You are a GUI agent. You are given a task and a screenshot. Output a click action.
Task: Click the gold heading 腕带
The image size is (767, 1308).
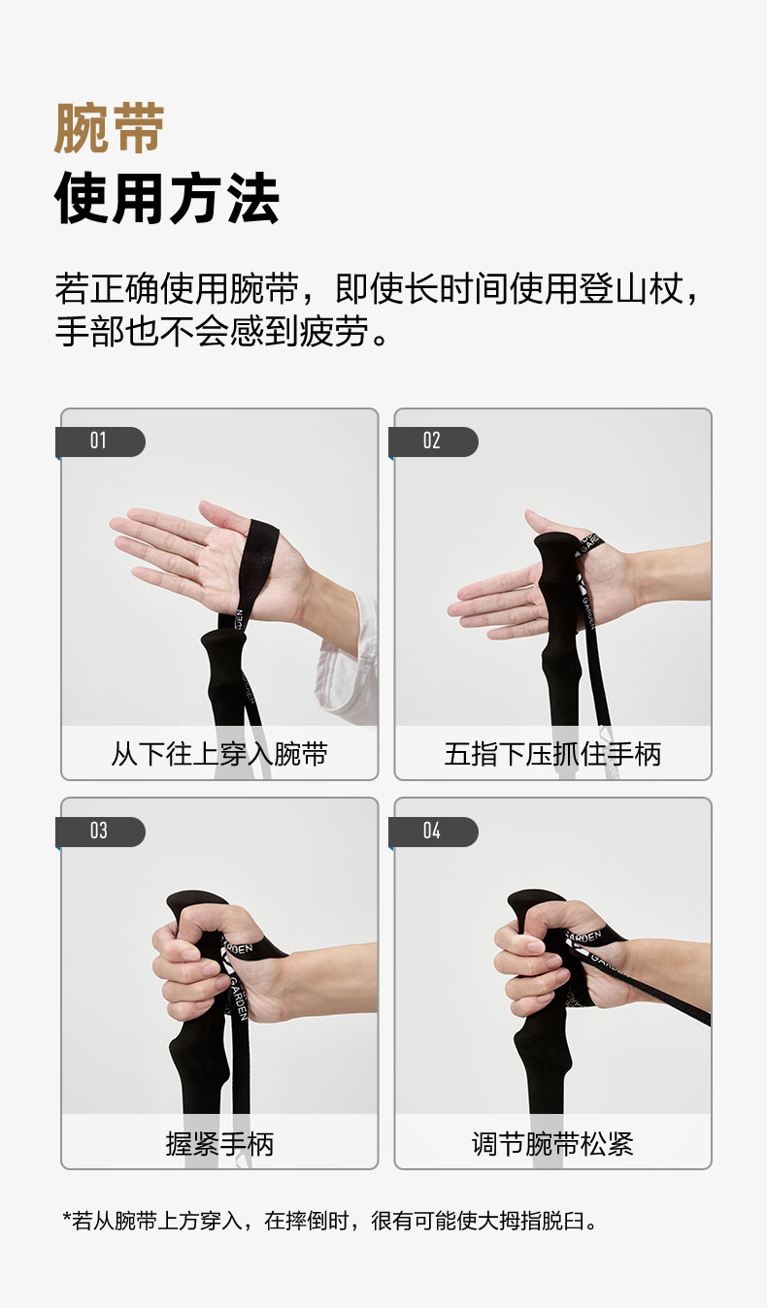(110, 128)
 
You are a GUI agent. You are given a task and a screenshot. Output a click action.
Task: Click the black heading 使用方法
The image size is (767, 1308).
(166, 198)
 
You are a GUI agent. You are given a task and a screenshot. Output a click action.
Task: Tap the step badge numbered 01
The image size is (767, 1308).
(100, 441)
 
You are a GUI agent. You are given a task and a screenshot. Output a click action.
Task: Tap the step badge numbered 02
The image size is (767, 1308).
(433, 441)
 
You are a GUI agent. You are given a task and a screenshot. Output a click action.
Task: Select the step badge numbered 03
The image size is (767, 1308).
(100, 831)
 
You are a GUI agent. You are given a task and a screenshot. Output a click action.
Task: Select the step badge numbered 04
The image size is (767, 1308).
(433, 831)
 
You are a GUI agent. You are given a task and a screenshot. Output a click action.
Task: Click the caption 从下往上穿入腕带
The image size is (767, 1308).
(219, 754)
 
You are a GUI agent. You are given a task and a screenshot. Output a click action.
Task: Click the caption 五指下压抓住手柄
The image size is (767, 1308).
(552, 754)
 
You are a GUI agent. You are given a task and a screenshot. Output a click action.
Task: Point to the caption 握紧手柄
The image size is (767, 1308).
(219, 1144)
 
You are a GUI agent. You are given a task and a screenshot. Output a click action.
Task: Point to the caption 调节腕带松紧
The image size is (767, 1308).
(552, 1144)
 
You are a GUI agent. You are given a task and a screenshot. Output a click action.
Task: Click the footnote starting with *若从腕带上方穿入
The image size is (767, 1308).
(330, 1221)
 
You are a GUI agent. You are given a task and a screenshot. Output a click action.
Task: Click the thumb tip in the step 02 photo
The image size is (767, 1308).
(530, 514)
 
